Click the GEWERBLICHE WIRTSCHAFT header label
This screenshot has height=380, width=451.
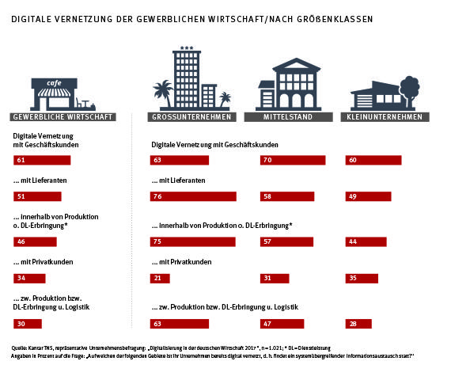pos(63,117)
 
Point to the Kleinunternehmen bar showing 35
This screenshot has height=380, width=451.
pos(362,278)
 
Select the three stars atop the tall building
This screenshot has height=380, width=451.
pos(188,49)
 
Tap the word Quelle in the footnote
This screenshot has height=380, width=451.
pos(21,348)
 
